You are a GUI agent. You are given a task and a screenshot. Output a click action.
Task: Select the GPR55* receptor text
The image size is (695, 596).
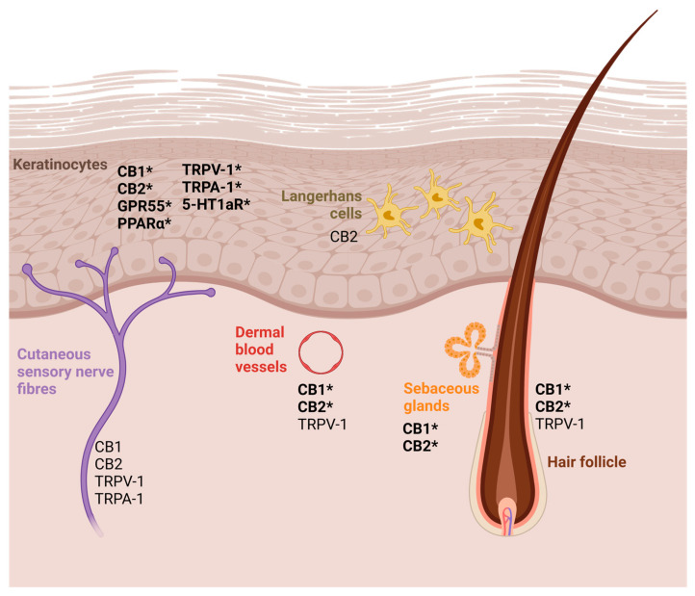(x=144, y=206)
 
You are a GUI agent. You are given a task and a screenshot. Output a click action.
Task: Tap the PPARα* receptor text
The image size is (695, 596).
(x=144, y=223)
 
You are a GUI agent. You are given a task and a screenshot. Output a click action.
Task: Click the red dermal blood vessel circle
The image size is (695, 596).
(x=320, y=351)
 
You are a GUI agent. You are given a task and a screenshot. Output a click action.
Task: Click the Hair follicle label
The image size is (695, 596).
(x=593, y=462)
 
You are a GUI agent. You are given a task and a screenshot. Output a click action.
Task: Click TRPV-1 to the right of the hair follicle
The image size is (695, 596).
(x=560, y=424)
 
